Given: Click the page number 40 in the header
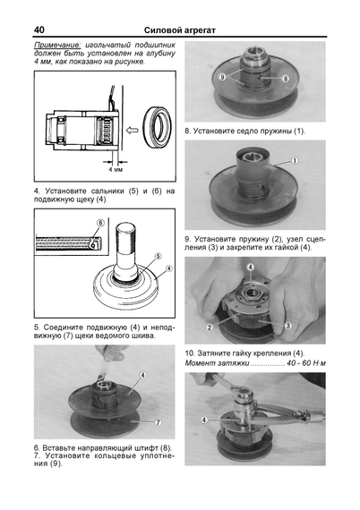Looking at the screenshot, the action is (39, 30).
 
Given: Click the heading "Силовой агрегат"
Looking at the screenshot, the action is (180, 30).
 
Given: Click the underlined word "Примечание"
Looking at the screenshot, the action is (57, 46).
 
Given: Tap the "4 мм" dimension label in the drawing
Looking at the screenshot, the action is (116, 169).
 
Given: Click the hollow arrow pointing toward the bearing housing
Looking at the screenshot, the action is (132, 131).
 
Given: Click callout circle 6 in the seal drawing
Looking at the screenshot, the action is (100, 223).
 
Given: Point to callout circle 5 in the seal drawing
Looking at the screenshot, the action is (158, 257).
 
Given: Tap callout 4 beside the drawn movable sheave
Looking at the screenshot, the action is (168, 268).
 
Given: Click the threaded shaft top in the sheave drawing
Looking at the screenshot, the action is (125, 230).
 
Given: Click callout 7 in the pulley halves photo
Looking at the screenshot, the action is (158, 422).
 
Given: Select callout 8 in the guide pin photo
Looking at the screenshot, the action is (285, 79).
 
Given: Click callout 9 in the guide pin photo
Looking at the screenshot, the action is (222, 78).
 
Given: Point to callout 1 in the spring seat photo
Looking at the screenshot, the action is (295, 161).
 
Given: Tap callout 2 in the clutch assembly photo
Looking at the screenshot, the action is (210, 327).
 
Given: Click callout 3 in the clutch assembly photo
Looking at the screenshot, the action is (287, 326).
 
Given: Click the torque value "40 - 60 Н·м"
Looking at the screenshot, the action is (306, 363).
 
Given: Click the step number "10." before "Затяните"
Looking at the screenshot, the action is (190, 353).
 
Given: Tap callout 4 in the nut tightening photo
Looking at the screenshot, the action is (204, 421).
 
